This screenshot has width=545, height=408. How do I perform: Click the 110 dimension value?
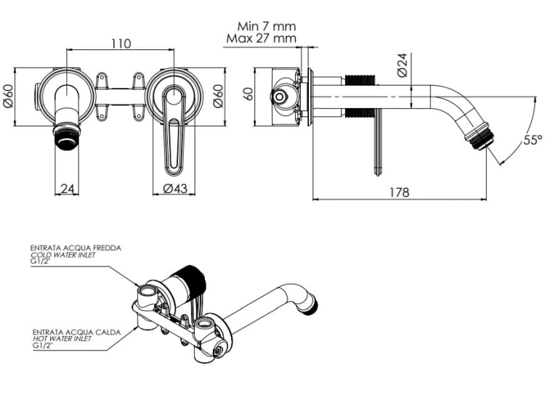[121, 44]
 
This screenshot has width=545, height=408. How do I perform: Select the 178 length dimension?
[400, 192]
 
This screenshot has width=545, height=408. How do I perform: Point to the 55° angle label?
[533, 140]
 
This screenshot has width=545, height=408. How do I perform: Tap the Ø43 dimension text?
[175, 189]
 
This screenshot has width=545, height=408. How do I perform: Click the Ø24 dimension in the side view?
[402, 65]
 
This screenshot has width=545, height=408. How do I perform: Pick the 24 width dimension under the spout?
[68, 189]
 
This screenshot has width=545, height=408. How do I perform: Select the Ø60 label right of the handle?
[218, 96]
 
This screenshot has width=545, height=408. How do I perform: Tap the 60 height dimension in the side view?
[249, 94]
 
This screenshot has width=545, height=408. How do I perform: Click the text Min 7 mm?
[267, 26]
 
